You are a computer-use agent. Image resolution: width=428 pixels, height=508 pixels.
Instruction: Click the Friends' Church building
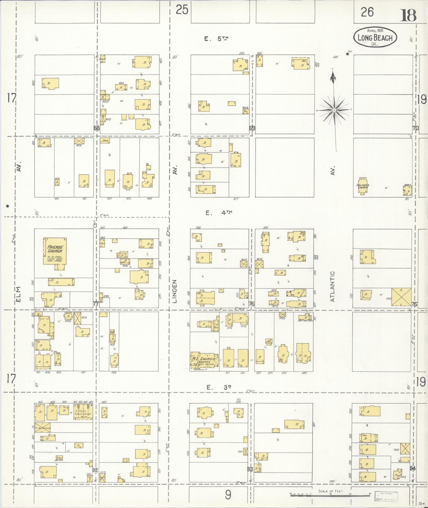55,251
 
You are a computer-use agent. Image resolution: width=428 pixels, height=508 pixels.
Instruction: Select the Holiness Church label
363,187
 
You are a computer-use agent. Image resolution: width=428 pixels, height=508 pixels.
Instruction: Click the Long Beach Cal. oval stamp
375,37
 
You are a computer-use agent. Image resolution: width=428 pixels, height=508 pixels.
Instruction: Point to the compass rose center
334,110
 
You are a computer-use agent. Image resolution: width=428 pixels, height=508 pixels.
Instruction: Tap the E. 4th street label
219,212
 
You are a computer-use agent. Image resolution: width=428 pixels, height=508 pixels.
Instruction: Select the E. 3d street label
219,387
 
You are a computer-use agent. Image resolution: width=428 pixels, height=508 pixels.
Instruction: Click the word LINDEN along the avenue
174,291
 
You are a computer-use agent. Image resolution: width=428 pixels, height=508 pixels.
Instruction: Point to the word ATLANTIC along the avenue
333,286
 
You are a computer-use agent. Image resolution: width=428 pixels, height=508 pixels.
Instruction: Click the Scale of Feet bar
330,494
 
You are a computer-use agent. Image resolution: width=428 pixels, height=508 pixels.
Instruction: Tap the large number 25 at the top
182,10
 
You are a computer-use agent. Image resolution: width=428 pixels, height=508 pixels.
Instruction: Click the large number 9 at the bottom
228,495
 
